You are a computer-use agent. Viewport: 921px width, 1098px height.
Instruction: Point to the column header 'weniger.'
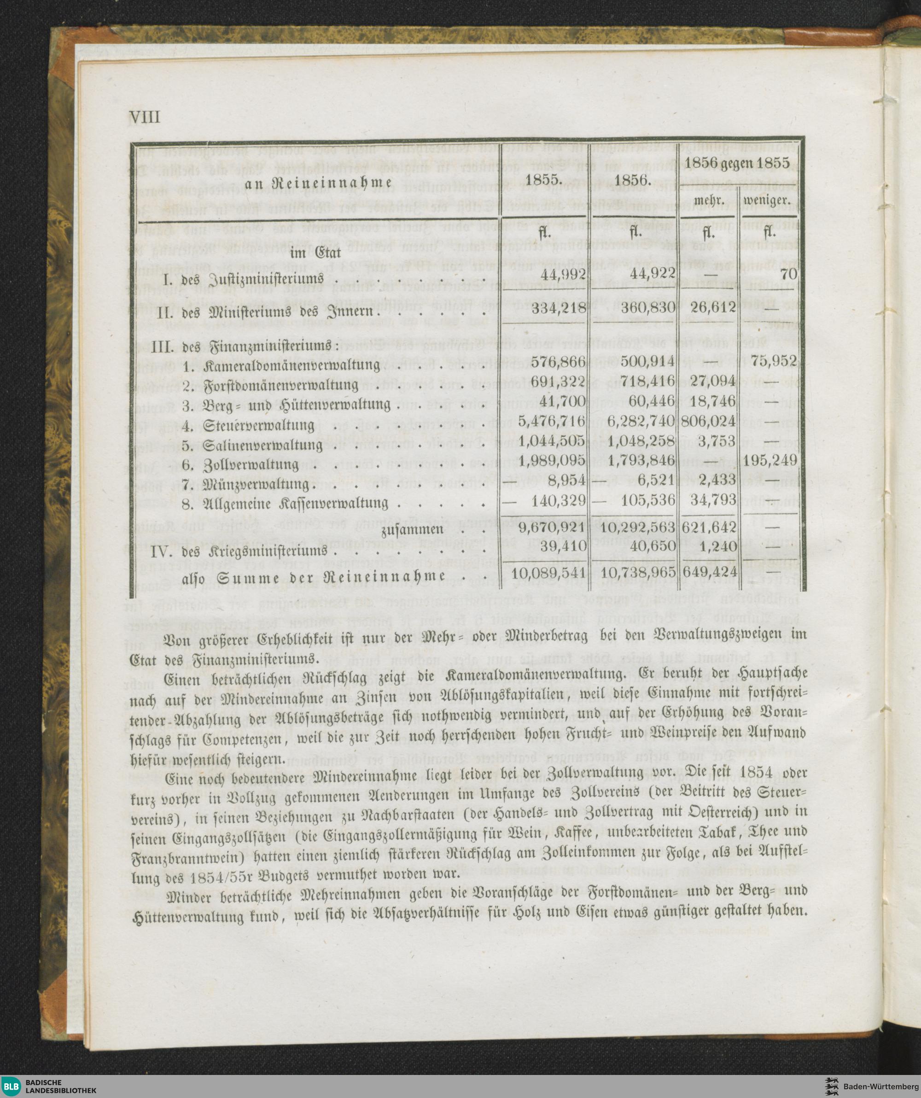(767, 201)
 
